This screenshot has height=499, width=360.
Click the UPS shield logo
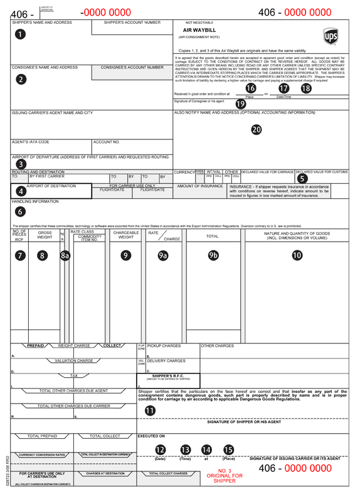(x=331, y=36)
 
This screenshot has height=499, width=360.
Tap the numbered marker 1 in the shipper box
(x=21, y=35)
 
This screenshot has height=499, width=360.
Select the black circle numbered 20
(x=256, y=130)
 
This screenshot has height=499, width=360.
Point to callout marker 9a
(x=162, y=255)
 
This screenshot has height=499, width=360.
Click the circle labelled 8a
(x=65, y=255)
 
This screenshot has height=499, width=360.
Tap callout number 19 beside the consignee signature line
(x=240, y=104)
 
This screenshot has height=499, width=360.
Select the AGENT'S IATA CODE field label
(x=30, y=142)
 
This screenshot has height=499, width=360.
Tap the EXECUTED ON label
(x=151, y=435)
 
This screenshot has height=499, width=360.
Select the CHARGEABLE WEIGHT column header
(x=126, y=235)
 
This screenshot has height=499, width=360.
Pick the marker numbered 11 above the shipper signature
(x=151, y=410)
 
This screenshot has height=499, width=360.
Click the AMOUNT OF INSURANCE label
(x=200, y=186)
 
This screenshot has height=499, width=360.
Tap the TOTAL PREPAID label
(x=42, y=436)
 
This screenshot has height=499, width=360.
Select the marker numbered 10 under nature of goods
(x=297, y=255)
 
